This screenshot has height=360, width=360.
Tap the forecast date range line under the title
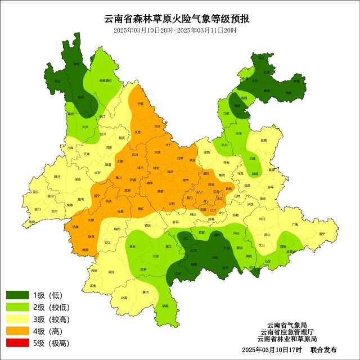coord(175,30)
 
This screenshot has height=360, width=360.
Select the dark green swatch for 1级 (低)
coord(17,295)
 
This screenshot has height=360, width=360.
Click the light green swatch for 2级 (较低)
coord(17,307)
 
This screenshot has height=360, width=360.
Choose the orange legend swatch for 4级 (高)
coord(17,331)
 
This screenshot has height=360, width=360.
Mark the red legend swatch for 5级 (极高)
coord(17,343)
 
